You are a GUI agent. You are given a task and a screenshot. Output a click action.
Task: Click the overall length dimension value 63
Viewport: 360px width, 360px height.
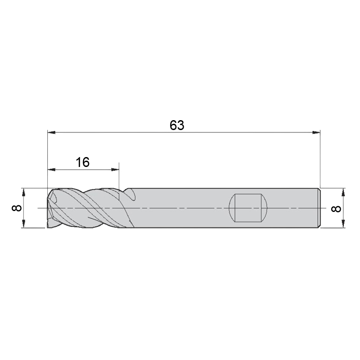tap(177, 126)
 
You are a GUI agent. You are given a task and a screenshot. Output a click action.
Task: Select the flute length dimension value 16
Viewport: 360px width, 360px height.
tap(83, 162)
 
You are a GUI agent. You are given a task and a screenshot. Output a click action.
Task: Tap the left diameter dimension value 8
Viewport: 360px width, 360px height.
tap(17, 208)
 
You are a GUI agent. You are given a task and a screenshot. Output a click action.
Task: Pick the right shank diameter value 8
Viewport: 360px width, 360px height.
tap(336, 208)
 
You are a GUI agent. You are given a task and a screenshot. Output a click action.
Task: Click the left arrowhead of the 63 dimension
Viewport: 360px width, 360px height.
tap(51, 132)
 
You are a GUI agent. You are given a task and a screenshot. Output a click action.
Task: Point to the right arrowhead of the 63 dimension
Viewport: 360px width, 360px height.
tap(316, 132)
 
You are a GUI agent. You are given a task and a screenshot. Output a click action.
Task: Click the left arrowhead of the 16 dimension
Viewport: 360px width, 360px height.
tap(51, 170)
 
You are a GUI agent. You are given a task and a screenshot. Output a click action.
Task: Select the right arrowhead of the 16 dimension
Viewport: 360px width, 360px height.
tap(115, 170)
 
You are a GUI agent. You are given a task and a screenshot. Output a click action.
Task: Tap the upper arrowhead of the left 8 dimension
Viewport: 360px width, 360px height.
tap(24, 193)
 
